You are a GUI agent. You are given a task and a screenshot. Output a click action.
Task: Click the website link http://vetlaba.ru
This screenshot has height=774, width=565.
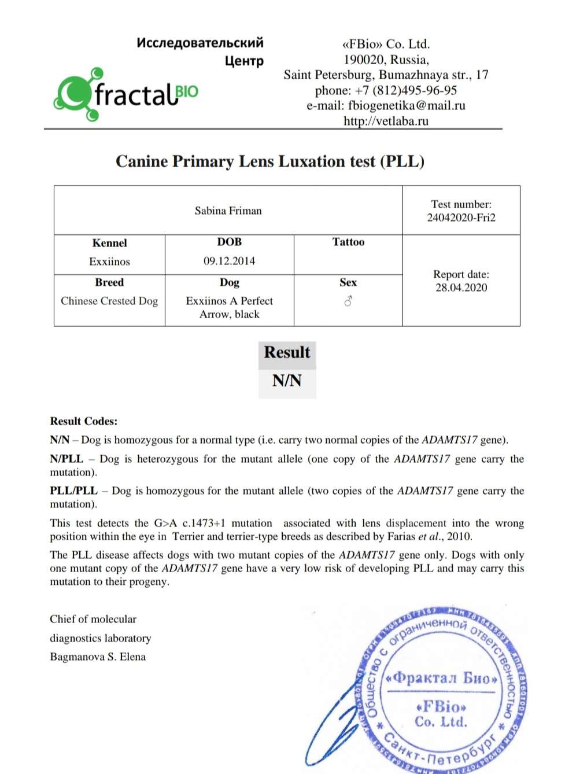(x=386, y=121)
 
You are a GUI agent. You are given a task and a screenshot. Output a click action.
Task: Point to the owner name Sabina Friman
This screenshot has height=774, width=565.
(x=228, y=211)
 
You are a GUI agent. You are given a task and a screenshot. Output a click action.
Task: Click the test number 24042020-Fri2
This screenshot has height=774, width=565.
(x=461, y=218)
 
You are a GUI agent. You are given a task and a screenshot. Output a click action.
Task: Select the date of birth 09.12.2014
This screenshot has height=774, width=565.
(x=229, y=261)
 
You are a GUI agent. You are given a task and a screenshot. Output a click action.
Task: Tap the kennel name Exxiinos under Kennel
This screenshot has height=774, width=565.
(x=109, y=261)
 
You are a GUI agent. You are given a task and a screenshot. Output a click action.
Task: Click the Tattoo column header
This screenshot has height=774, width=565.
(x=348, y=242)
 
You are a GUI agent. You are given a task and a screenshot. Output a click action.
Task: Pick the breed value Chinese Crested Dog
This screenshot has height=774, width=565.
(x=109, y=301)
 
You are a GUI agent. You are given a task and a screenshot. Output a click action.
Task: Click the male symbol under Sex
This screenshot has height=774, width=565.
(x=348, y=301)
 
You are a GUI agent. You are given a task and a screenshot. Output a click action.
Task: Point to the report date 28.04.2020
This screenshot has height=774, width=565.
(x=461, y=288)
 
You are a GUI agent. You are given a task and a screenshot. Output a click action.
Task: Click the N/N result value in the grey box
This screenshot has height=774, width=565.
(x=287, y=381)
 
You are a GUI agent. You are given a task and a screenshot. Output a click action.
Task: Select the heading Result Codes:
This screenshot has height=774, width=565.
(x=83, y=421)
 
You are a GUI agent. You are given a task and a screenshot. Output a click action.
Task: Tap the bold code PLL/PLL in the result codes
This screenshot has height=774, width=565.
(x=73, y=491)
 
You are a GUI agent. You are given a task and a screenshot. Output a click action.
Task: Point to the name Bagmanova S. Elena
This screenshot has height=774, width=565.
(x=98, y=657)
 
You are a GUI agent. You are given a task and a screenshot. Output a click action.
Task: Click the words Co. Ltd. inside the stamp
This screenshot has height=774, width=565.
(x=441, y=722)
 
